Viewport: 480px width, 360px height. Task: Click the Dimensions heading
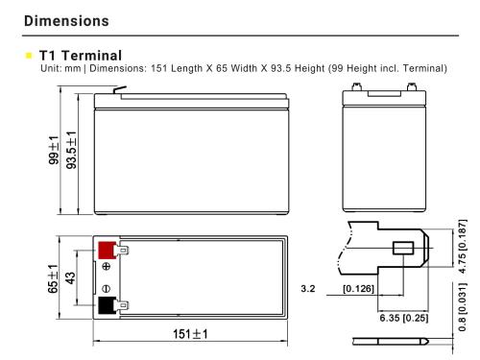coord(66,21)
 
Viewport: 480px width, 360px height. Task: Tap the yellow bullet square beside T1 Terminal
coord(29,56)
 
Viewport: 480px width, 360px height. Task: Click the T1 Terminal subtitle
coord(81,56)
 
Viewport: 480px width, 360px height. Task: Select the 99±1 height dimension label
coord(54,150)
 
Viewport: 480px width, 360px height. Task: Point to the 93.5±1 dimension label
coord(71,150)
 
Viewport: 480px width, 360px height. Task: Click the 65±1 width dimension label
coord(53,278)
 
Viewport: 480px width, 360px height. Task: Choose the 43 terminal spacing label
coord(70,277)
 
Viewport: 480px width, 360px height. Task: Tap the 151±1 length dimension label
coord(190,334)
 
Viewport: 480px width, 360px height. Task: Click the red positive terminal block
coord(108,251)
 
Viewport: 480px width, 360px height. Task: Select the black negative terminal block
coord(107,305)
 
